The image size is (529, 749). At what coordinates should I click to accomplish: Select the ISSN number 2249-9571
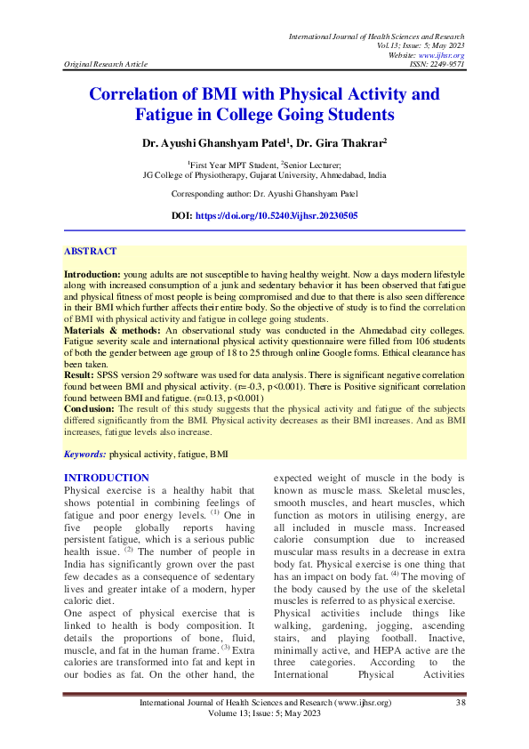(x=449, y=65)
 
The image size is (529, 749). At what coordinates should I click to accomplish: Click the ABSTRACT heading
(x=91, y=252)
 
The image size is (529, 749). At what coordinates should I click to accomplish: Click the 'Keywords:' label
(x=85, y=454)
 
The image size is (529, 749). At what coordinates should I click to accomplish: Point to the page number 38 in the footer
(x=461, y=705)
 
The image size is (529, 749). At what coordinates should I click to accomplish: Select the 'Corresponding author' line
(x=264, y=193)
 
